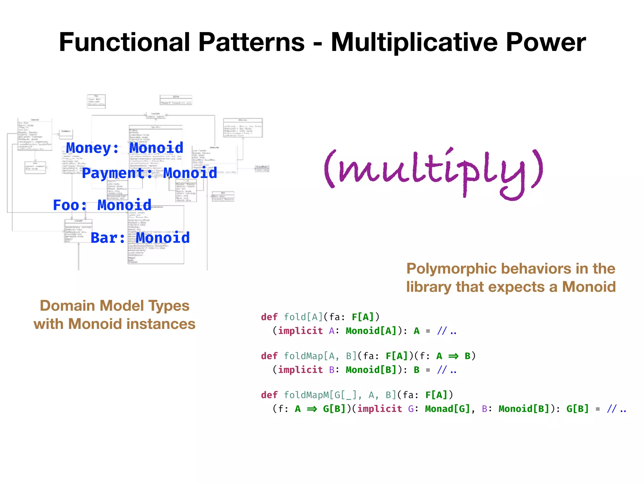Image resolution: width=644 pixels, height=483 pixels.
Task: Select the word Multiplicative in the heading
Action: (x=414, y=42)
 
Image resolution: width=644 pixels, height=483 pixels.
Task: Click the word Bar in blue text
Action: (x=104, y=238)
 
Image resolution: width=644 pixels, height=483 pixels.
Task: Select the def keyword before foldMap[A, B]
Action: (x=269, y=356)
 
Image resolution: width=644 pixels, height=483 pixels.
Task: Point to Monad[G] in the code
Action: (x=447, y=409)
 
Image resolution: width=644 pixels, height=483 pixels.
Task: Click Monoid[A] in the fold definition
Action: (x=371, y=331)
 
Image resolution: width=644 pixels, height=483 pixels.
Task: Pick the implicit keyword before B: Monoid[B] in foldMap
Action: (x=300, y=370)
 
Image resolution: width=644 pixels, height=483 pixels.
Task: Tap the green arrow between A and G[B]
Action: (x=312, y=409)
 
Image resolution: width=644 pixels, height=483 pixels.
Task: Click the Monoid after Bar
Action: (x=163, y=238)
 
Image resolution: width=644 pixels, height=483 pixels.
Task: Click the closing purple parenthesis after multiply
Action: (x=537, y=170)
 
